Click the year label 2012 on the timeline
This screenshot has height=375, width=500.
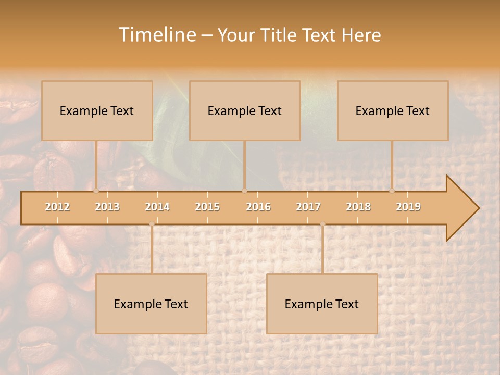click(57, 207)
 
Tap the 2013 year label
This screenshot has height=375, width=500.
click(107, 207)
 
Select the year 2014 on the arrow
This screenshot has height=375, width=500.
click(157, 207)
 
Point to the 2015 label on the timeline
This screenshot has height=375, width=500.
click(207, 207)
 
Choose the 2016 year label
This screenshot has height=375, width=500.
click(258, 207)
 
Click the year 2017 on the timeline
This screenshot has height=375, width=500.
click(308, 207)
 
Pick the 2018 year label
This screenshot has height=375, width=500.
click(358, 207)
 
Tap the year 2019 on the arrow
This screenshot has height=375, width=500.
click(408, 207)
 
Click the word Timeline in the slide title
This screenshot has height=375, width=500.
click(157, 35)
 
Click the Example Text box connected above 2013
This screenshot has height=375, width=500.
click(97, 110)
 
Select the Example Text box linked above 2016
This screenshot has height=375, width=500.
click(245, 110)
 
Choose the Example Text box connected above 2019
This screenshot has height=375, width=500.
click(393, 110)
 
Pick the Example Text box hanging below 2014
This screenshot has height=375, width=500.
click(151, 304)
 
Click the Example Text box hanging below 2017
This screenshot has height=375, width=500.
click(322, 304)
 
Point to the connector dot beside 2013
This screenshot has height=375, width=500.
click(96, 191)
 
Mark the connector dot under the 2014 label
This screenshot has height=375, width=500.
click(152, 224)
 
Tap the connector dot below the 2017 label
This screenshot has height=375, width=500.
click(322, 224)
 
